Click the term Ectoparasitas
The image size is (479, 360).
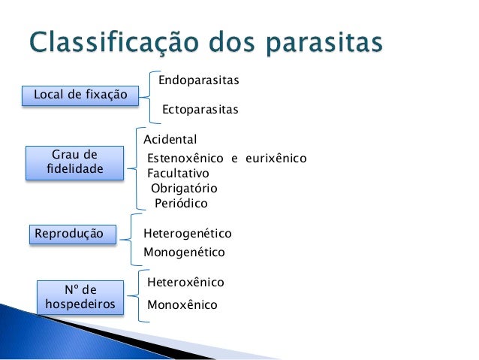pyautogui.click(x=200, y=110)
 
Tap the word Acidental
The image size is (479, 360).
pyautogui.click(x=170, y=140)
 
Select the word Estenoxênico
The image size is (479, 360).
pyautogui.click(x=185, y=159)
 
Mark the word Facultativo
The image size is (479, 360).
pyautogui.click(x=178, y=174)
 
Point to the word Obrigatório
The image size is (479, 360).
pyautogui.click(x=184, y=188)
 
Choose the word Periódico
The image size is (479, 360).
pyautogui.click(x=181, y=203)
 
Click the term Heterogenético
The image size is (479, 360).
pyautogui.click(x=188, y=234)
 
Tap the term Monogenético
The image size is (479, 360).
pyautogui.click(x=184, y=253)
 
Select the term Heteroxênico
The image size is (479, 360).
pyautogui.click(x=185, y=282)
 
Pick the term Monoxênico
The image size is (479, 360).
pyautogui.click(x=182, y=304)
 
